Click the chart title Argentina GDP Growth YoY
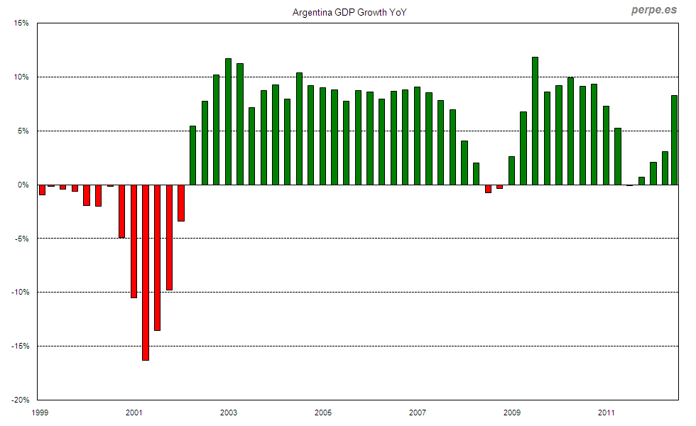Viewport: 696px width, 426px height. click(349, 13)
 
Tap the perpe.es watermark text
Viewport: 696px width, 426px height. click(654, 10)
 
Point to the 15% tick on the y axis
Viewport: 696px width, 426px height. click(21, 23)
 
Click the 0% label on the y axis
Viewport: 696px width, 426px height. click(23, 185)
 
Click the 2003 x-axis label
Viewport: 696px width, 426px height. click(229, 413)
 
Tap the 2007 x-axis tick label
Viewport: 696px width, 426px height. click(418, 413)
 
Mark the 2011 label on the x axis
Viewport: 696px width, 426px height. click(606, 413)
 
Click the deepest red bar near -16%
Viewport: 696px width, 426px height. click(146, 273)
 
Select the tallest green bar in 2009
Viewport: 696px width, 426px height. click(535, 121)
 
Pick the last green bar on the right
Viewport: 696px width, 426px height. click(675, 140)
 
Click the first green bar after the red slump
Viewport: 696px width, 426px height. click(192, 155)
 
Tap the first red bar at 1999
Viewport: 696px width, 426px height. click(42, 190)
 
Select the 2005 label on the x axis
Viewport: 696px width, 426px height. click(323, 413)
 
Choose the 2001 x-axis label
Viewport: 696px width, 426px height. click(134, 413)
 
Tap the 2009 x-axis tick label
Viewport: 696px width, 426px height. click(511, 413)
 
